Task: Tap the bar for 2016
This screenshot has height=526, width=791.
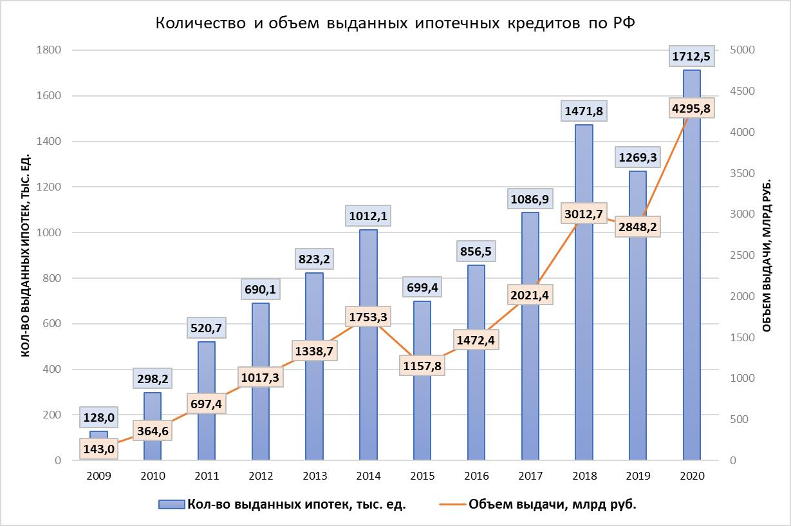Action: [476, 399]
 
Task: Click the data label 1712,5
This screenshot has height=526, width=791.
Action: [691, 57]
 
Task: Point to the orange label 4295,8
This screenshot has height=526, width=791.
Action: [691, 109]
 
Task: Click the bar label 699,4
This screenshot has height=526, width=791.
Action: [422, 287]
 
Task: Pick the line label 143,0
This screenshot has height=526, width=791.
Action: [98, 449]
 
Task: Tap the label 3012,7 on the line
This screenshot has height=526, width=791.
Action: [584, 214]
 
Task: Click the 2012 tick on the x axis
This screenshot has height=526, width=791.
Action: [260, 477]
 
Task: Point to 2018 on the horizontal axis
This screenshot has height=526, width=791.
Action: [584, 477]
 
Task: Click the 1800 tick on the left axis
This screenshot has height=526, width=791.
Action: [48, 50]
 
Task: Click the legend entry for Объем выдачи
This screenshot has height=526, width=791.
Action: [552, 505]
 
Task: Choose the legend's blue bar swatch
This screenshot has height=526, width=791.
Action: [172, 505]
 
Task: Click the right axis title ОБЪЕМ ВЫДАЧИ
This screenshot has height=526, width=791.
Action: [767, 254]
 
